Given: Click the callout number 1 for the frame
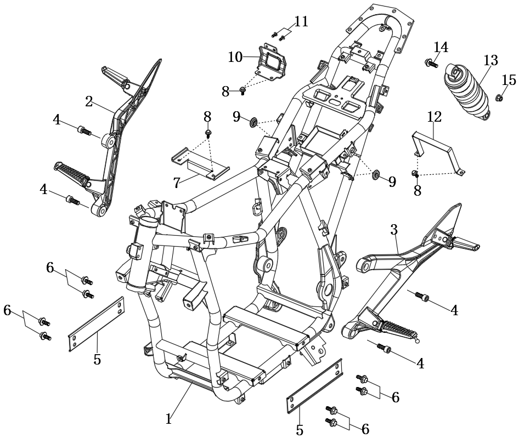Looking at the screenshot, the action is pos(169,419).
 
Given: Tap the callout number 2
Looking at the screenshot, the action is pos(89,102).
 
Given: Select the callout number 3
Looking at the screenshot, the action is pos(394,230).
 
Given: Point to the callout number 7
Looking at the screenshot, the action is pos(177,183).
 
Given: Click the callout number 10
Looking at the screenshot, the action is pos(235,57).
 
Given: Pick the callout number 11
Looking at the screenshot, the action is pos(301,22).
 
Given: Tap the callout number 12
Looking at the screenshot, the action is pos(435,117).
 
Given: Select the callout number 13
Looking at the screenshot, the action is pos(491,60).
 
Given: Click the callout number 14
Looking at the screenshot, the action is pos(441,47).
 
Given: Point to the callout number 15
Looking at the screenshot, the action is pos(509,80).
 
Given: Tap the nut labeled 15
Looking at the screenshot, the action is pos(499,98).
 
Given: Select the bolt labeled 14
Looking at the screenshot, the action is pos(432,63).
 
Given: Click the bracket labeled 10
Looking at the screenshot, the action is pos(272,63).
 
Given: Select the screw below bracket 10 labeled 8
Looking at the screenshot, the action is pos(242,91).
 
